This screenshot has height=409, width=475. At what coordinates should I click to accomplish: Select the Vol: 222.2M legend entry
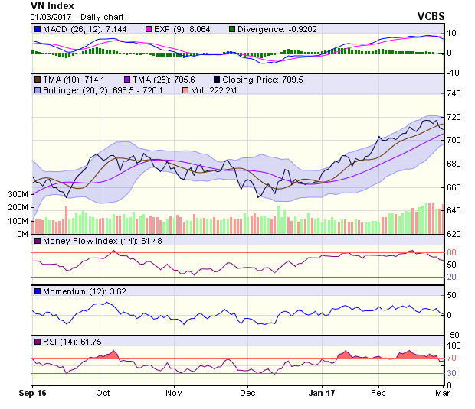211,91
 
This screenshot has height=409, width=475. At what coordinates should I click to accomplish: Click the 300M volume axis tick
18,195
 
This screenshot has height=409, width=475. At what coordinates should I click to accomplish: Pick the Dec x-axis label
247,393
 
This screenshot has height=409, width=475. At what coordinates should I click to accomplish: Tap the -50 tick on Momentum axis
453,335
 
